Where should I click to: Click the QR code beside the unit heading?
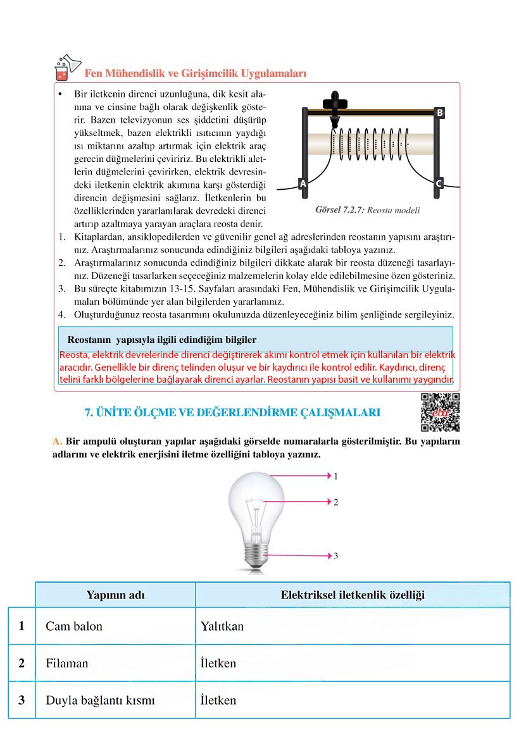click(x=440, y=412)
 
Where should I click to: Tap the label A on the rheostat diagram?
click(x=303, y=184)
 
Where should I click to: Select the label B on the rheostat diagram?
click(x=439, y=113)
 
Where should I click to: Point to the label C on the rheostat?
click(x=439, y=184)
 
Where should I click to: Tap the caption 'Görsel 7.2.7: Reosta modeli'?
click(x=367, y=211)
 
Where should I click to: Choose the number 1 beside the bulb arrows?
click(x=336, y=475)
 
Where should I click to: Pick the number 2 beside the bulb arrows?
click(x=336, y=502)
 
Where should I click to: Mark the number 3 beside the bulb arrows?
click(x=336, y=556)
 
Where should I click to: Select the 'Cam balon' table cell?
click(x=74, y=626)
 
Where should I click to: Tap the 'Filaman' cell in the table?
click(x=67, y=664)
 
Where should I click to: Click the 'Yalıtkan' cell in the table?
click(x=222, y=626)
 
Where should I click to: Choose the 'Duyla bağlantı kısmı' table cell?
click(x=100, y=700)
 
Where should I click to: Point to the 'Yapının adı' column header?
click(x=115, y=595)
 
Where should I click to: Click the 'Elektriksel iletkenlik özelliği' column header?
click(x=353, y=595)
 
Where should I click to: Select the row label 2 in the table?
click(x=22, y=664)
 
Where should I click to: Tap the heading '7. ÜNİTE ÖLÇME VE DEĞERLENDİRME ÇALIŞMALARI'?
click(x=232, y=413)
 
